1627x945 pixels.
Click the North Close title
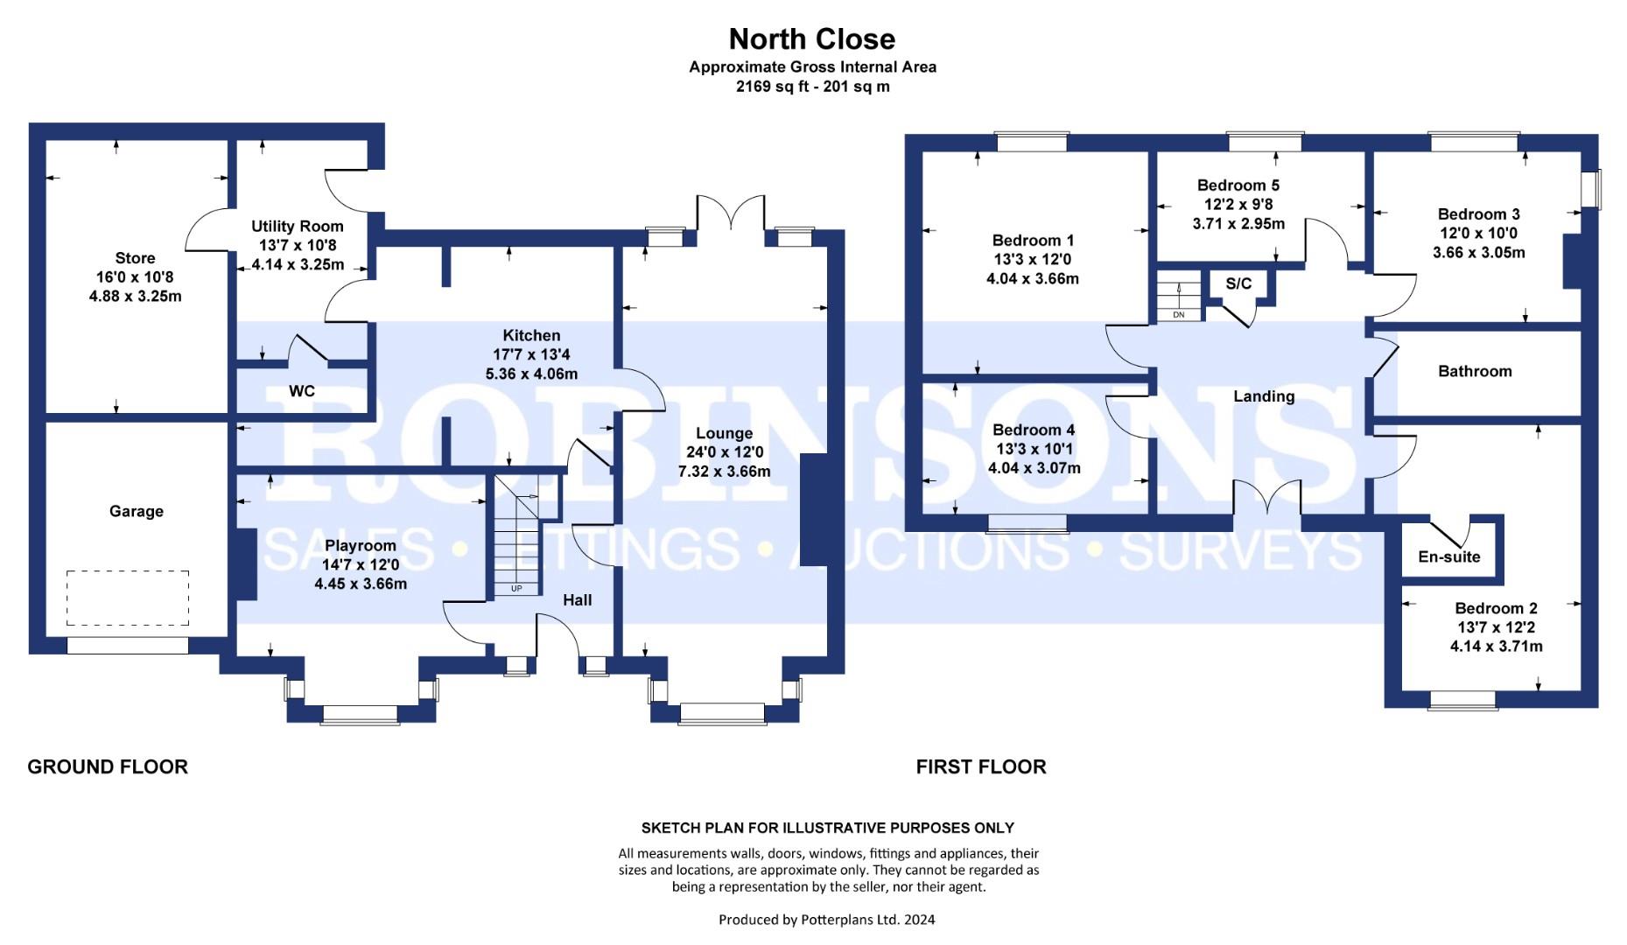(x=812, y=39)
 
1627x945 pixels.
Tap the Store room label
(x=135, y=258)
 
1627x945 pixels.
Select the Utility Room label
(x=298, y=227)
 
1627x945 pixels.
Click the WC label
(x=302, y=391)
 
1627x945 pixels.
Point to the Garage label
(x=137, y=512)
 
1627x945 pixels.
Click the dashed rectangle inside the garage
(x=128, y=598)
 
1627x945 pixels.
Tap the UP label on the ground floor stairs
(x=516, y=589)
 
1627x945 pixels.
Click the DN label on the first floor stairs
(x=1179, y=315)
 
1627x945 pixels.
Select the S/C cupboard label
(x=1238, y=283)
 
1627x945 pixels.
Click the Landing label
(x=1264, y=396)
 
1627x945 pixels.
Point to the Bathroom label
(x=1475, y=371)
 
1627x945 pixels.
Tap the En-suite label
(x=1449, y=556)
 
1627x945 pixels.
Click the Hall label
(x=577, y=600)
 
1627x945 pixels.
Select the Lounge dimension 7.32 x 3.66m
(x=725, y=472)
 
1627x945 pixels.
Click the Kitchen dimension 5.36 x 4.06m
(x=531, y=374)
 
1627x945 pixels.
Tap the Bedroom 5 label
(x=1238, y=185)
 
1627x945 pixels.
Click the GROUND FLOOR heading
(x=108, y=767)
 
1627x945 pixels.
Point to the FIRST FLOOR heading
(x=981, y=767)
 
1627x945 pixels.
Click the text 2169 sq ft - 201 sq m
(x=812, y=87)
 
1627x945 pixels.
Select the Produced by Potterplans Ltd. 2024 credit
(x=826, y=920)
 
